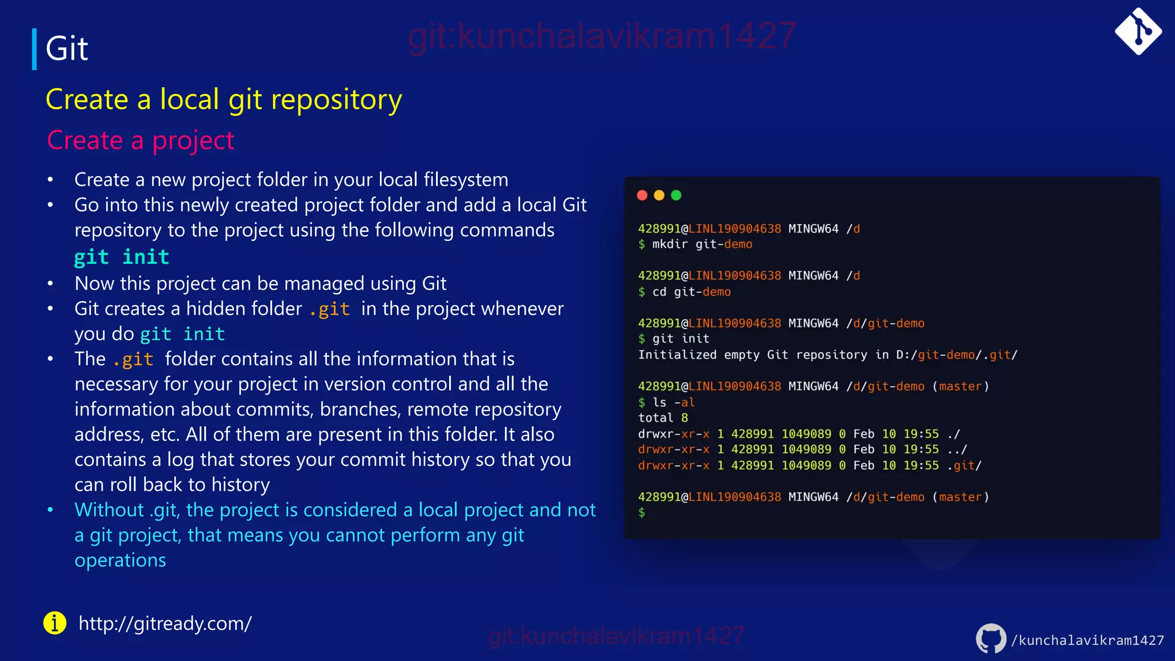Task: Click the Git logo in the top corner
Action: (x=1138, y=32)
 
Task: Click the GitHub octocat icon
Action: (x=991, y=639)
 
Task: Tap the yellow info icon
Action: (x=55, y=623)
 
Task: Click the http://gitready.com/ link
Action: (x=165, y=624)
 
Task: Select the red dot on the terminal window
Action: (x=642, y=196)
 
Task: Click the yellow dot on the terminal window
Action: (x=659, y=196)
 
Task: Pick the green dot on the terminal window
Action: (x=676, y=196)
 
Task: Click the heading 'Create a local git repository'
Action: (x=224, y=100)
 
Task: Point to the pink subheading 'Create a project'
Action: (x=141, y=141)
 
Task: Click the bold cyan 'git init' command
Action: (x=122, y=256)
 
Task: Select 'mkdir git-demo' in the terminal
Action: (x=702, y=244)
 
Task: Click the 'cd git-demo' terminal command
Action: (x=691, y=292)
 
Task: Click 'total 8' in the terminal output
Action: (x=663, y=418)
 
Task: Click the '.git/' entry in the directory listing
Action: (x=964, y=465)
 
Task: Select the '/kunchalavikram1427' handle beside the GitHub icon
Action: (x=1087, y=640)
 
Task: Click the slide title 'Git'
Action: (x=67, y=48)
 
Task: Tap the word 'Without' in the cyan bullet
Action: (x=109, y=510)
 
